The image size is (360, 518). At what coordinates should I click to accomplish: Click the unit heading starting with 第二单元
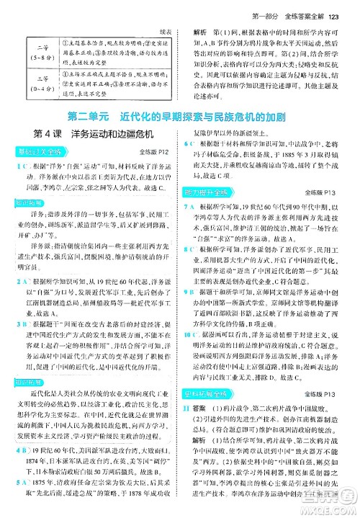180,115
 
